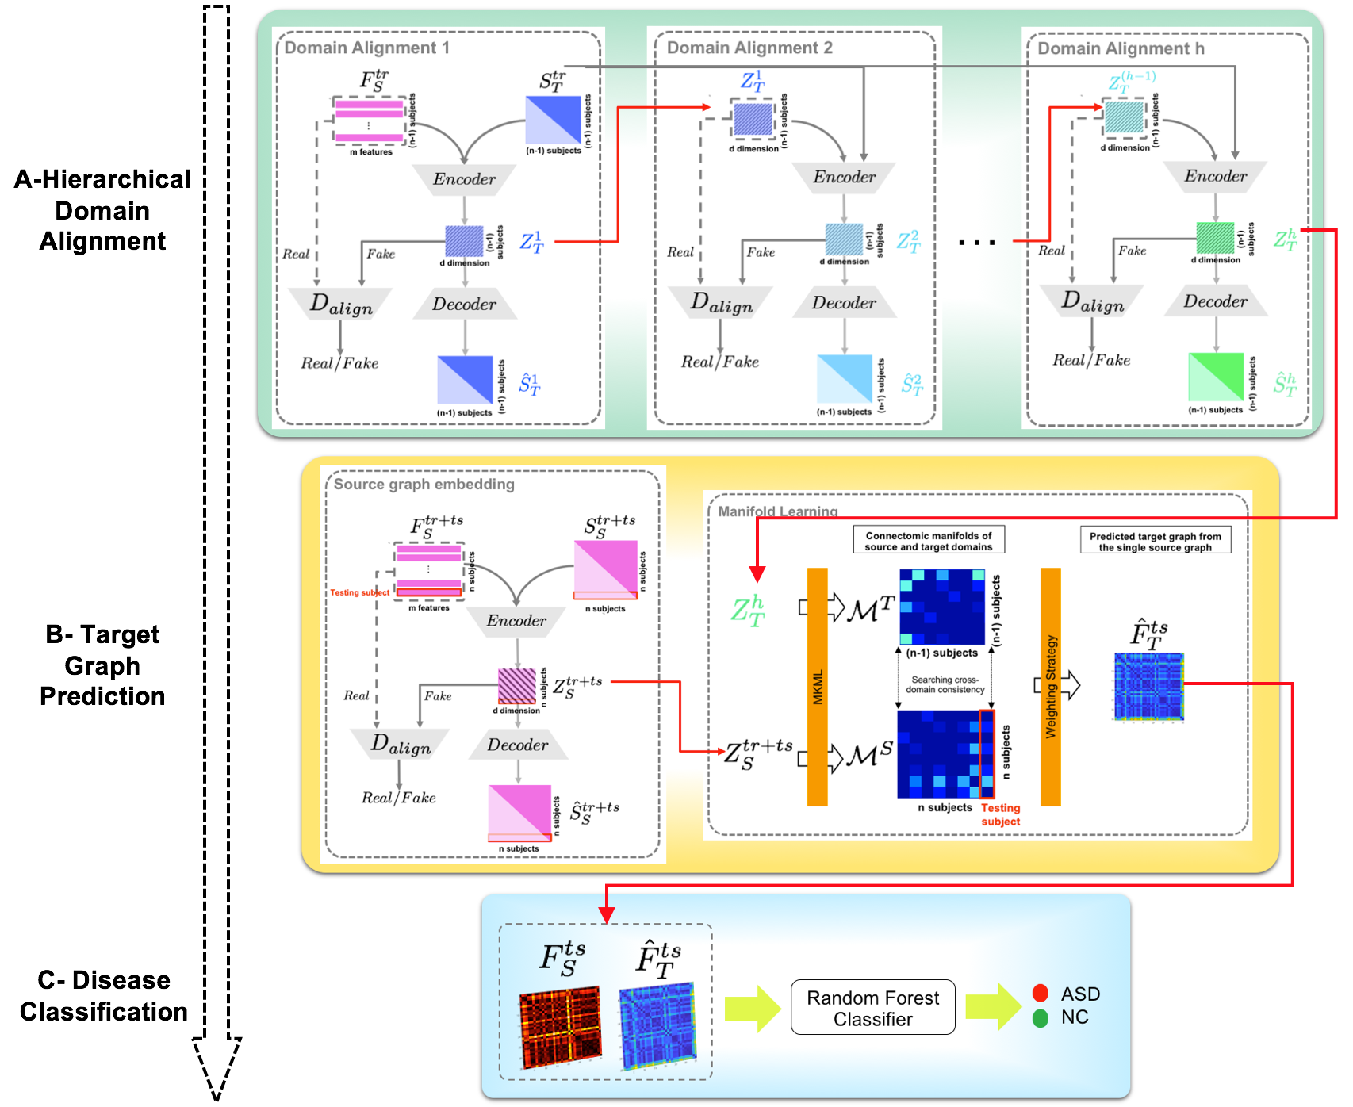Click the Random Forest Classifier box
click(x=872, y=1007)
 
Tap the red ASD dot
click(x=1041, y=993)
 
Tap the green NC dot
click(x=1041, y=1018)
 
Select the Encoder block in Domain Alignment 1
click(x=464, y=179)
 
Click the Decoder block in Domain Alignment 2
click(x=844, y=303)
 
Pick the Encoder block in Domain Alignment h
click(x=1215, y=176)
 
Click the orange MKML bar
click(x=818, y=687)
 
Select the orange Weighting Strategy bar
click(x=1051, y=687)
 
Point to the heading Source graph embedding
click(x=424, y=484)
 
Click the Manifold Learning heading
click(x=777, y=511)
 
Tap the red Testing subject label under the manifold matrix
click(x=1000, y=814)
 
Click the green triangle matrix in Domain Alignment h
click(x=1215, y=377)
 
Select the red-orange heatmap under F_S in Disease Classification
click(x=560, y=1027)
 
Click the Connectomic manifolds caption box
click(x=929, y=541)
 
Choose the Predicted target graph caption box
click(x=1155, y=542)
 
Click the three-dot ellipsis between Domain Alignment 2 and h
click(x=976, y=243)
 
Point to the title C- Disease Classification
click(x=103, y=996)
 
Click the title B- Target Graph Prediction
click(x=102, y=665)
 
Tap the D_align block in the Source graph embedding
click(x=401, y=744)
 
